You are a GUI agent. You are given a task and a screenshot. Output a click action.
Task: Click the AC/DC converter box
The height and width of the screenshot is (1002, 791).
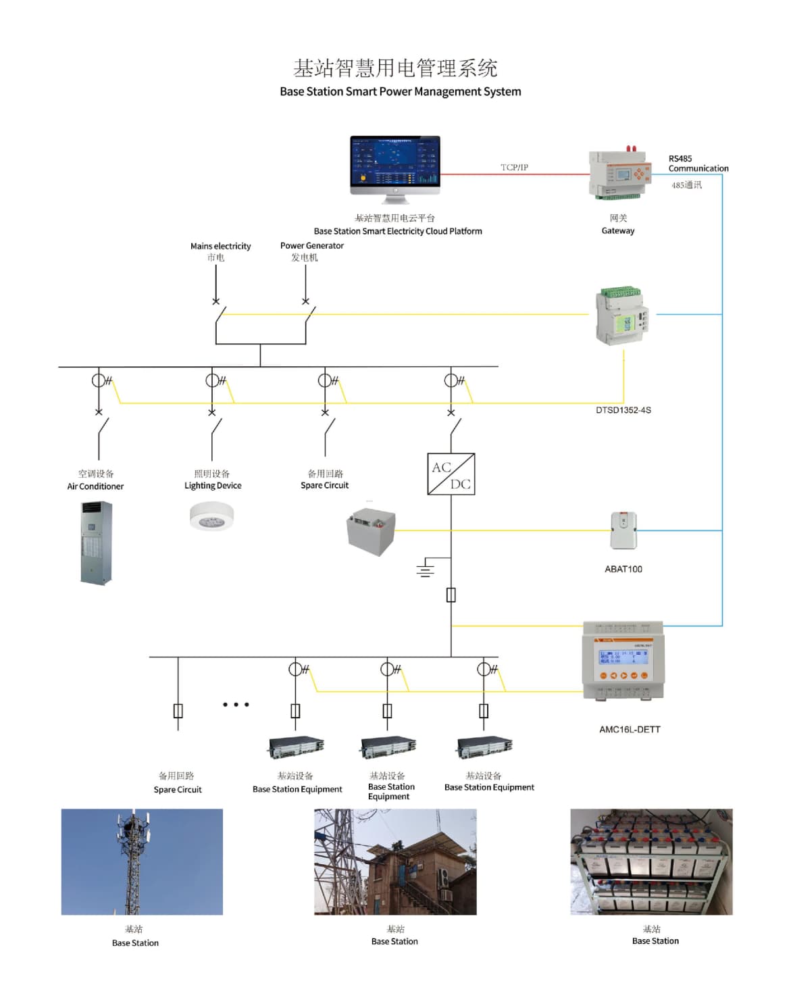click(451, 474)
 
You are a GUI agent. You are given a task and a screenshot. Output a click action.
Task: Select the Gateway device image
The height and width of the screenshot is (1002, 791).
click(619, 174)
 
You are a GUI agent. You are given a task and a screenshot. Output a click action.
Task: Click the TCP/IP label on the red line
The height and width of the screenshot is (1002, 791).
click(514, 167)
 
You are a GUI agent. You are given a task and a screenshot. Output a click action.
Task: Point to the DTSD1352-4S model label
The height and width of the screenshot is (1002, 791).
click(623, 410)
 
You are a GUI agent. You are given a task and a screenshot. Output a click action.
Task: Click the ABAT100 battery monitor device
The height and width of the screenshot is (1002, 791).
click(623, 530)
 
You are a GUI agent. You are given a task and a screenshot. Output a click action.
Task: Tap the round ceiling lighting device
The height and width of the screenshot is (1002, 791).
click(211, 518)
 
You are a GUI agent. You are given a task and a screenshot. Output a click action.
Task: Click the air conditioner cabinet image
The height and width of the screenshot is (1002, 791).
click(97, 543)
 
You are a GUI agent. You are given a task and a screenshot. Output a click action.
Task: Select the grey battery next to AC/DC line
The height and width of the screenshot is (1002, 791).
click(370, 532)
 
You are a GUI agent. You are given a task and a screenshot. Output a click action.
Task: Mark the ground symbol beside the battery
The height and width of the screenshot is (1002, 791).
click(425, 568)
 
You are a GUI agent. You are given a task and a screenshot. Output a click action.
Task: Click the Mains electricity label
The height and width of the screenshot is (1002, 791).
click(220, 247)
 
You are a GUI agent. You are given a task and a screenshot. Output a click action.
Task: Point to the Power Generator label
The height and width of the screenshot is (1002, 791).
click(311, 246)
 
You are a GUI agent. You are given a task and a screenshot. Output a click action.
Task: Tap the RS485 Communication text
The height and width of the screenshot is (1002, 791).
click(698, 164)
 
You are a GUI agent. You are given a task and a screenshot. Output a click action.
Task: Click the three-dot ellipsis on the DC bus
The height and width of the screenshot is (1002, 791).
click(236, 705)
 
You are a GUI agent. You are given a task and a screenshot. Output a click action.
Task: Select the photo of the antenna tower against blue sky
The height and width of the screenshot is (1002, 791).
click(142, 861)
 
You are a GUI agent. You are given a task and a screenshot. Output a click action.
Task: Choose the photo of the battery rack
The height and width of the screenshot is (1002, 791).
click(651, 861)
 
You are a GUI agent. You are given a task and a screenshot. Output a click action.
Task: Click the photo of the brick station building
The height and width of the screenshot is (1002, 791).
click(395, 861)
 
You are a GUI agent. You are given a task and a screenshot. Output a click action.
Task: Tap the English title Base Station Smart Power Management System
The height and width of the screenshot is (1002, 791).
click(400, 92)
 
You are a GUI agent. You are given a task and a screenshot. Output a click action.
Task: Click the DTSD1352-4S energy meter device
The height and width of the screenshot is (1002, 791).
click(622, 316)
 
